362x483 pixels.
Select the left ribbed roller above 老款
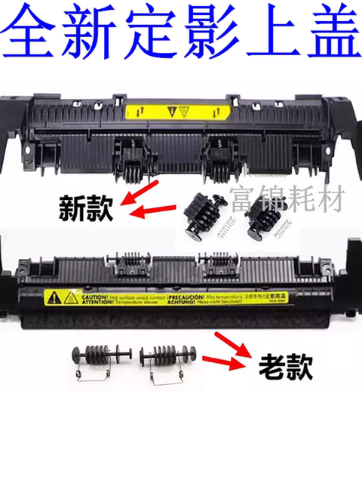pyautogui.click(x=98, y=357)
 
